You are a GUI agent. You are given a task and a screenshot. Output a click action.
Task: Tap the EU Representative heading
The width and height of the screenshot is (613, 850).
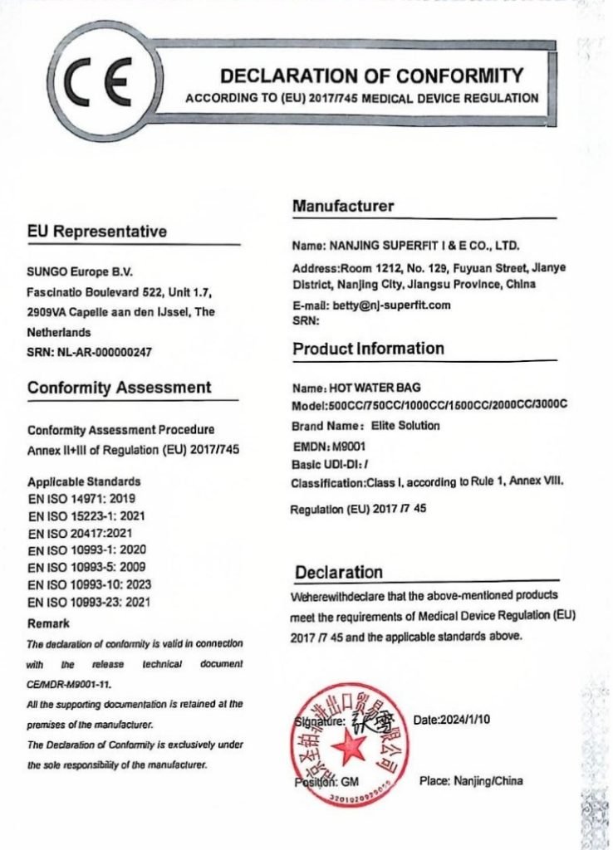point(97,232)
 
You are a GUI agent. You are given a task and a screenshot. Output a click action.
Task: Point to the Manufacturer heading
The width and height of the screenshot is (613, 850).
point(343,206)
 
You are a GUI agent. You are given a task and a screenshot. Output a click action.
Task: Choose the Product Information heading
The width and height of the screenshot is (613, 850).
point(368,349)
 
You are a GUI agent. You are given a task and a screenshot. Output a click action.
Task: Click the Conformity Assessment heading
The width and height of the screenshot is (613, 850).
point(120,388)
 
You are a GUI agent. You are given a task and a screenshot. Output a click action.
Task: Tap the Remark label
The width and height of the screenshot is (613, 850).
point(48,623)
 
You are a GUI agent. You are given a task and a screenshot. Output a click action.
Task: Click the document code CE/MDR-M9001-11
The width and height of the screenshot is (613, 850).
point(69,684)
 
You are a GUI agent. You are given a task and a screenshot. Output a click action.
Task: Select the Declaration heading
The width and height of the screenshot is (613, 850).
point(339,573)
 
